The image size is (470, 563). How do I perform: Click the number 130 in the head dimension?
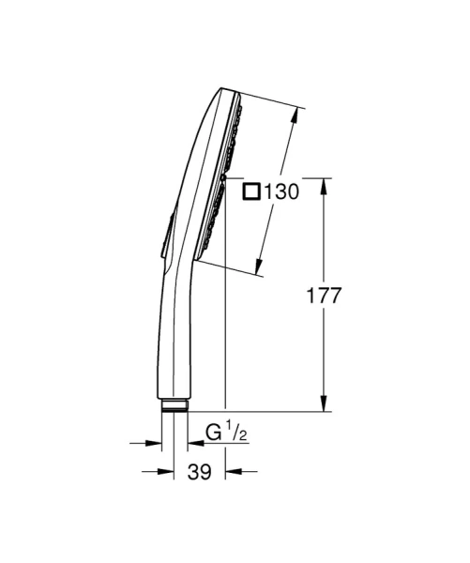280,192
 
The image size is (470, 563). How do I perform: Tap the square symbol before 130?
251,192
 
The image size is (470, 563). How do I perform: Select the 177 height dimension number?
325,295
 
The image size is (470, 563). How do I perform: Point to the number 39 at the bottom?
198,474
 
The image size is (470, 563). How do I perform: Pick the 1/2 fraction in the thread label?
239,433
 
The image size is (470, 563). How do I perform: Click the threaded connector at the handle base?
174,406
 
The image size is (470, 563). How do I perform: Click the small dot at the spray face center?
226,177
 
